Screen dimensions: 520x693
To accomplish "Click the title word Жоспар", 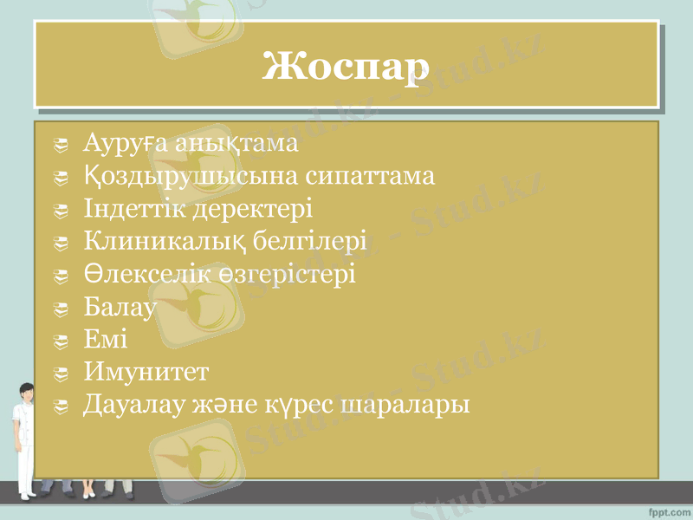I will click(x=346, y=66).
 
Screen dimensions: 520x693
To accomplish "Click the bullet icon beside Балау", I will click(x=60, y=309).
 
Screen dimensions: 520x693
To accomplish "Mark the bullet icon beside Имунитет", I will click(x=60, y=374).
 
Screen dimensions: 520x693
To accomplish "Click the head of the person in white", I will click(x=23, y=393).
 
